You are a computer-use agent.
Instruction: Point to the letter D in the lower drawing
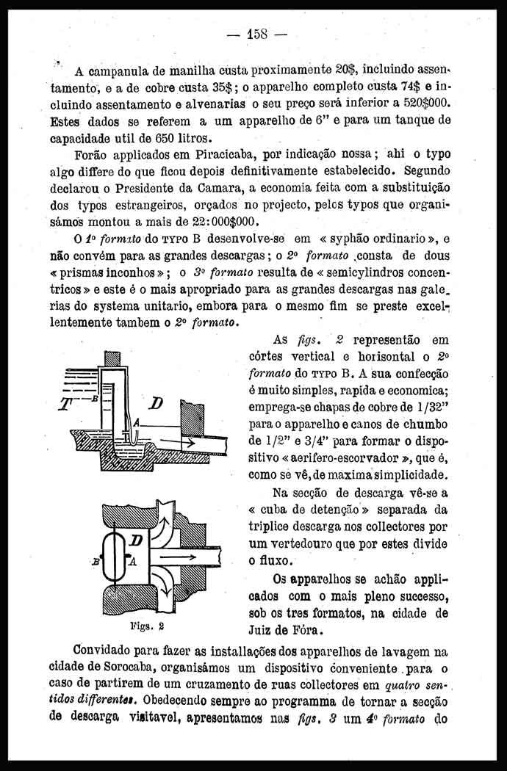(136, 542)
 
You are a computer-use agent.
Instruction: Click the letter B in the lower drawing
(96, 562)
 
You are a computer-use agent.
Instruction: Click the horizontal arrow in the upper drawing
(178, 442)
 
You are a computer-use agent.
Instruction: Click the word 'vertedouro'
(306, 545)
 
